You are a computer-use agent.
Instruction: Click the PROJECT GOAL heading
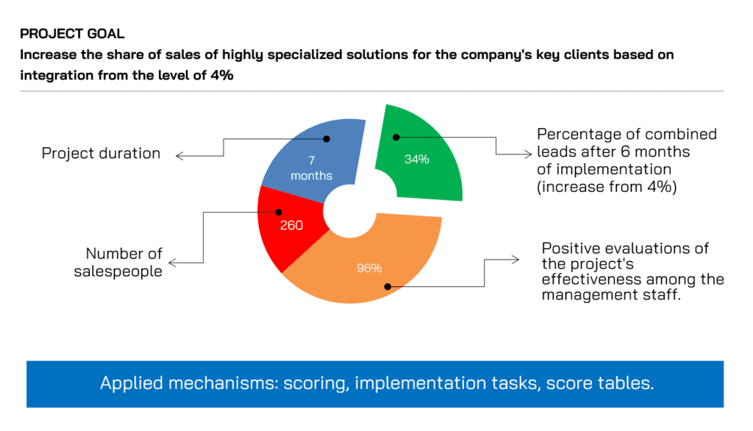pos(72,34)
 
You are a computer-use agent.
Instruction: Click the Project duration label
pos(101,153)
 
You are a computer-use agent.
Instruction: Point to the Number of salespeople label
pos(118,263)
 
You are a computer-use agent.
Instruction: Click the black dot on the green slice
pos(396,138)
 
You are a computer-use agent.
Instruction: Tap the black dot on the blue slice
pos(326,139)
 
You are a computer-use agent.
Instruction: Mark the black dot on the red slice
pos(279,212)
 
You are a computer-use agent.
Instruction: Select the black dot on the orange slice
pos(388,287)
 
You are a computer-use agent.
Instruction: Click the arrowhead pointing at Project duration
pos(179,156)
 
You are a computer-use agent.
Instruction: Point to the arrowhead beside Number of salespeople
pos(172,263)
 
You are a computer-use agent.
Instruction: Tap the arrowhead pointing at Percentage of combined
pos(528,154)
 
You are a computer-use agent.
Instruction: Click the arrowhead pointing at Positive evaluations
pos(515,260)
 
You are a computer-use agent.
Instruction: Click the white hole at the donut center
pos(349,211)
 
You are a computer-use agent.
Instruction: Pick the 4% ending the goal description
pos(222,76)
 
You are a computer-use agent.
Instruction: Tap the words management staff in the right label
pos(611,294)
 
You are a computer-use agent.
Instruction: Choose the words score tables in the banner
pos(600,383)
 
